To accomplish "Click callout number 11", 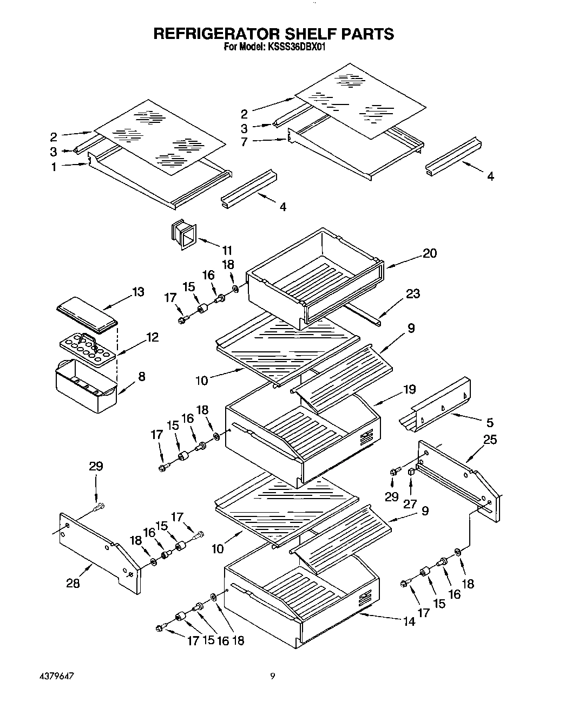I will (x=227, y=250).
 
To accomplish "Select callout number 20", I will (x=430, y=253).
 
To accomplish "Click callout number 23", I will (x=413, y=294).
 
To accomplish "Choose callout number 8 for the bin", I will (x=142, y=376).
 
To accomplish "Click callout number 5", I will (x=489, y=422).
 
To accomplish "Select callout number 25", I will (x=489, y=440).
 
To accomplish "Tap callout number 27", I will (x=410, y=503).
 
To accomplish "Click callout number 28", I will (x=73, y=583).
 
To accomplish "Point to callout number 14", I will (x=409, y=622).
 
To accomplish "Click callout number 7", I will (x=244, y=142).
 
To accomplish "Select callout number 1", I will (x=54, y=167).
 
